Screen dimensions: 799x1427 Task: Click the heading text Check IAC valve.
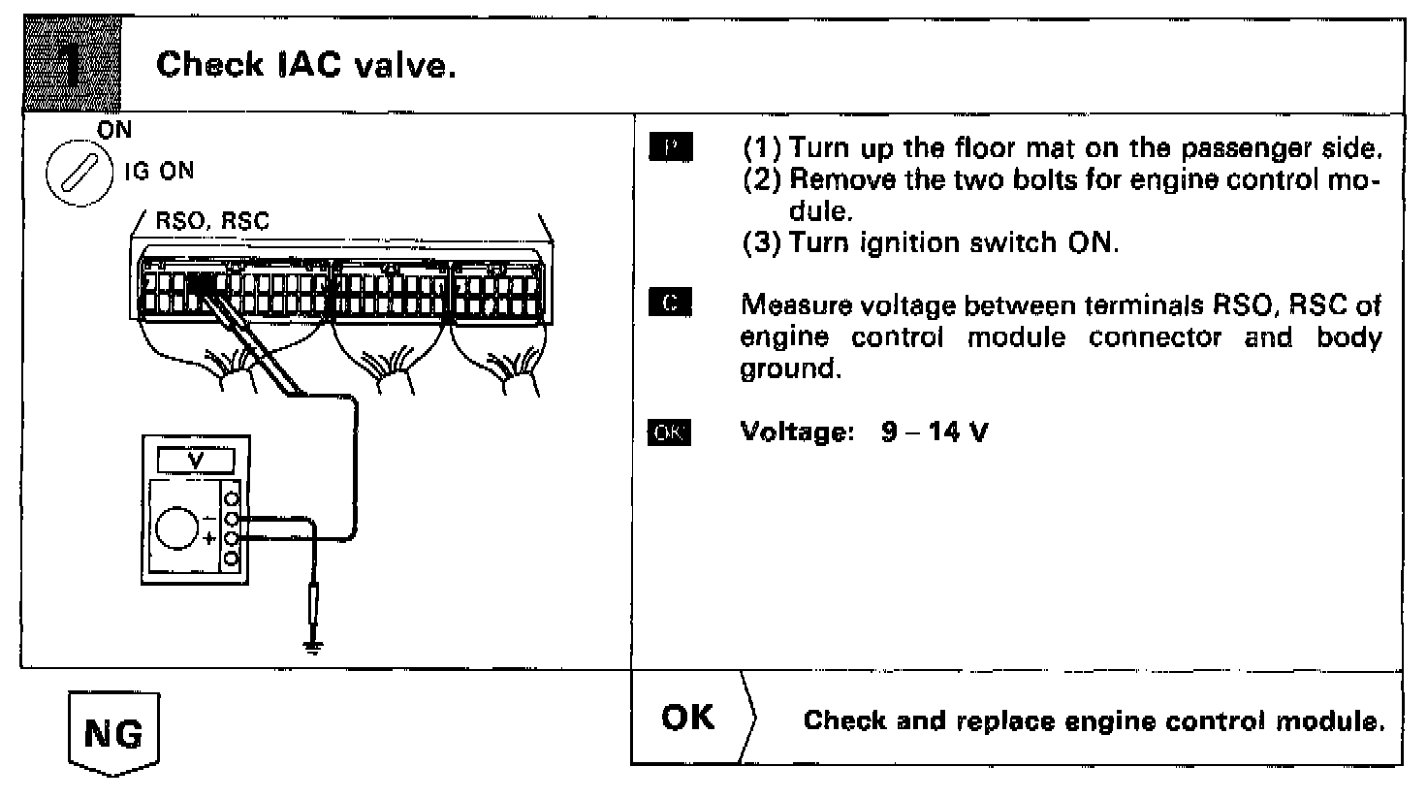(305, 65)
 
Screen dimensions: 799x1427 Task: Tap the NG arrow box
(113, 734)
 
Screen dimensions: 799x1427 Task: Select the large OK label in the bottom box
(687, 718)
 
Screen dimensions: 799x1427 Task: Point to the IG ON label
(158, 172)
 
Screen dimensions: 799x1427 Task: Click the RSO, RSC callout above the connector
(212, 221)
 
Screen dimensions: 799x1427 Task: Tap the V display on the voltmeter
(196, 461)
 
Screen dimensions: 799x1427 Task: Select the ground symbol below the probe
(313, 647)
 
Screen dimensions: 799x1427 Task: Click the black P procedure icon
(670, 148)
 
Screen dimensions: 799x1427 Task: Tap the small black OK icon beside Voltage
(669, 432)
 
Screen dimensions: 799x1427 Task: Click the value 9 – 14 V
(935, 432)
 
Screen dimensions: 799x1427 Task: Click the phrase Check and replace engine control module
(1094, 720)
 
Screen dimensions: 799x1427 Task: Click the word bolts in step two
(1032, 180)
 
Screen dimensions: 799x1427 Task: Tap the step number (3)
(762, 242)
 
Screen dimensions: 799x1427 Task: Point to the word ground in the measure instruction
(786, 369)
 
